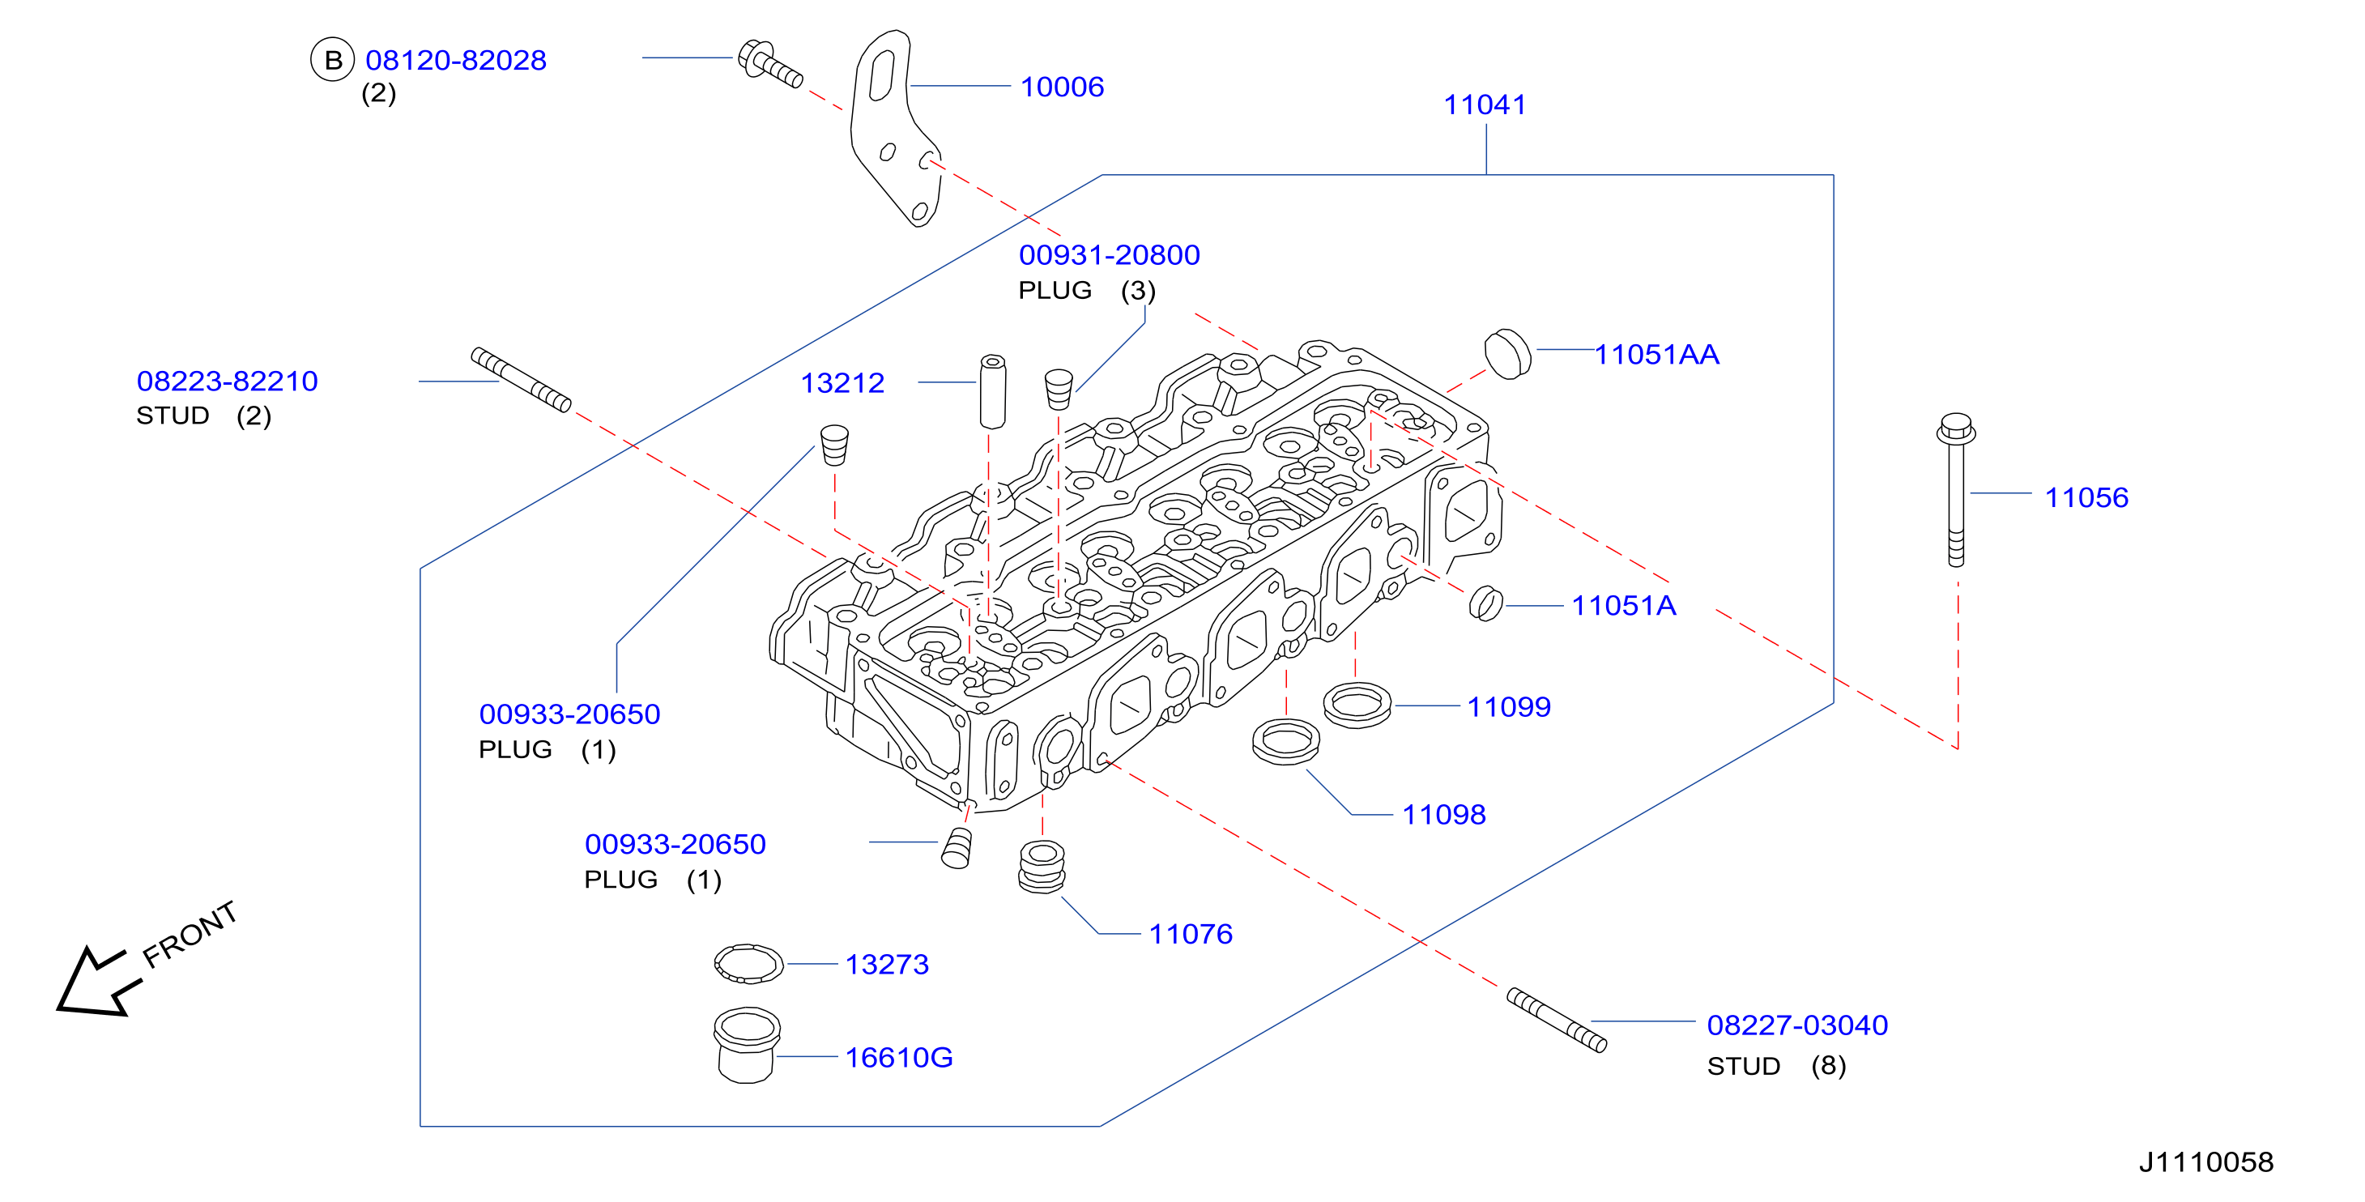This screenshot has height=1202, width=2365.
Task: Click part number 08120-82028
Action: [455, 61]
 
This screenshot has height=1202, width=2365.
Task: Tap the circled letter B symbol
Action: [332, 60]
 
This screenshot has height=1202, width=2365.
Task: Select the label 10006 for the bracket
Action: [1063, 87]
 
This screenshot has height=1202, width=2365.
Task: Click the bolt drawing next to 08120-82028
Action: [770, 63]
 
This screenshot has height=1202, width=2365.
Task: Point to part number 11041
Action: [1485, 104]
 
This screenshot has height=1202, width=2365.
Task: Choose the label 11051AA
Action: [1656, 355]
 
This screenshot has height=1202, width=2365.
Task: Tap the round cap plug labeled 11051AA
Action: [1507, 353]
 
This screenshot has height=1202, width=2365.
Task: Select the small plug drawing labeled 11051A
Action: [1485, 603]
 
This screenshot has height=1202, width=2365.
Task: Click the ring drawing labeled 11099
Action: [1357, 705]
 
